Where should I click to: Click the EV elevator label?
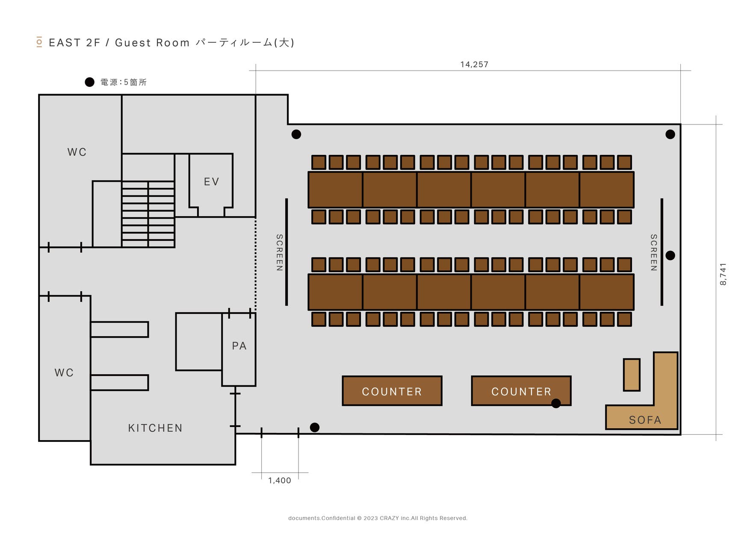211,182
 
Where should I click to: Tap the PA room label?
239,346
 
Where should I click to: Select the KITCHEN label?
155,428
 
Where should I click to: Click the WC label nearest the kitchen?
64,373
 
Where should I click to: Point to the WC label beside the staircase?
77,152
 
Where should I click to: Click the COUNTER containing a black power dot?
521,391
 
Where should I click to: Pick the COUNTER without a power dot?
392,391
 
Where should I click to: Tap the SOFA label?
645,420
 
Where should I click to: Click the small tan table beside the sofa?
631,375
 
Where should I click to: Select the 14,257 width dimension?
474,65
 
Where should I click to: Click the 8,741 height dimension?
723,274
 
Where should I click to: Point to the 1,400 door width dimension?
280,480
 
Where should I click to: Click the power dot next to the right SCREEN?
670,255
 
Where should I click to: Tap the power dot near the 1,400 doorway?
314,427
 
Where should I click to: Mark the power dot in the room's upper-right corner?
670,134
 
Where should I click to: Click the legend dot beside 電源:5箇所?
89,82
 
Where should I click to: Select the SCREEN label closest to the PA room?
279,252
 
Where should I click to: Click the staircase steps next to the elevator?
148,214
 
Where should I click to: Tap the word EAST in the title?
65,43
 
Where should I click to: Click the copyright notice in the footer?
378,518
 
